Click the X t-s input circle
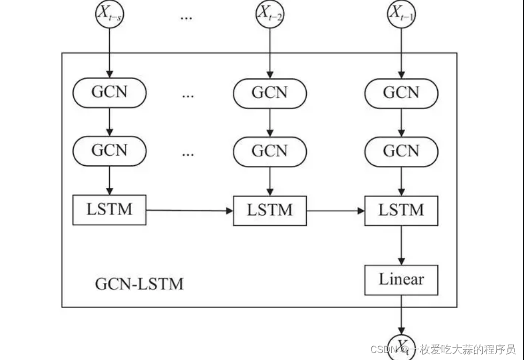[x=109, y=14]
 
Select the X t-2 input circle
[x=270, y=14]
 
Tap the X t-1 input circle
[x=401, y=14]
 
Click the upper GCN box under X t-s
[x=109, y=93]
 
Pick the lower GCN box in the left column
[x=109, y=151]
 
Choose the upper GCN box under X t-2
[x=270, y=93]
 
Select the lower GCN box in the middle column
[x=270, y=151]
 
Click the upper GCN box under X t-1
[x=401, y=93]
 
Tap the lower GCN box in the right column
[x=401, y=151]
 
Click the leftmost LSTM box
[x=109, y=210]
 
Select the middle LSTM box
[x=270, y=210]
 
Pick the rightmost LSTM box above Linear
[x=401, y=210]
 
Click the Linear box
[x=401, y=280]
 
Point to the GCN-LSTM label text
[x=139, y=284]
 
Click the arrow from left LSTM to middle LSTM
[x=189, y=210]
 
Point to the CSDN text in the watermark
[x=382, y=349]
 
